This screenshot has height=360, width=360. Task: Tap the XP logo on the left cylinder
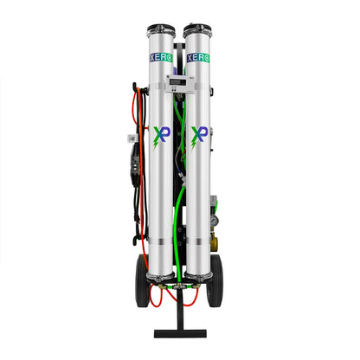161,135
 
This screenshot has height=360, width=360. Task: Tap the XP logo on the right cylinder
198,135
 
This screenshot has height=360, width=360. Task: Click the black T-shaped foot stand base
179,331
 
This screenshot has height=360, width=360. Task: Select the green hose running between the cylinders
178,216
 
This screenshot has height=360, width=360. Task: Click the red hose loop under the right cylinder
196,294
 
